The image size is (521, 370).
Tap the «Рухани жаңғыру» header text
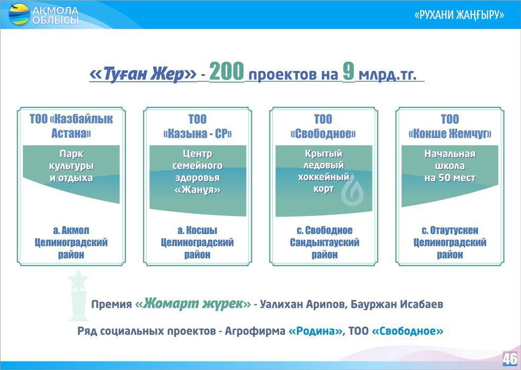(459, 15)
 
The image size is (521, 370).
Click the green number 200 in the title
(227, 72)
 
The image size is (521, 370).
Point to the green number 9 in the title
(349, 72)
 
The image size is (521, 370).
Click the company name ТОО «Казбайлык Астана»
(71, 126)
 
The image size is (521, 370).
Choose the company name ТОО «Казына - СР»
(197, 126)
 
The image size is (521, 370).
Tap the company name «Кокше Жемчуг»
(449, 133)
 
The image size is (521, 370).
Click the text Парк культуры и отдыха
(71, 166)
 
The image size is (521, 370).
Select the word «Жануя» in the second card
(197, 190)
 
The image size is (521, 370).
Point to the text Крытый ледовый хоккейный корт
(323, 171)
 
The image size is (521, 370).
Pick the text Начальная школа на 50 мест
(449, 166)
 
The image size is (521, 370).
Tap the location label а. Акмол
(71, 230)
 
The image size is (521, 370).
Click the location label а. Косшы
(197, 230)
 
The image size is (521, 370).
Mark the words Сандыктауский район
(324, 248)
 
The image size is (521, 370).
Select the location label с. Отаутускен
(450, 230)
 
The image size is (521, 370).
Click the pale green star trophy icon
(78, 295)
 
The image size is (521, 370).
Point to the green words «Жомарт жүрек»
(193, 304)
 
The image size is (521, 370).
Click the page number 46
(509, 359)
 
